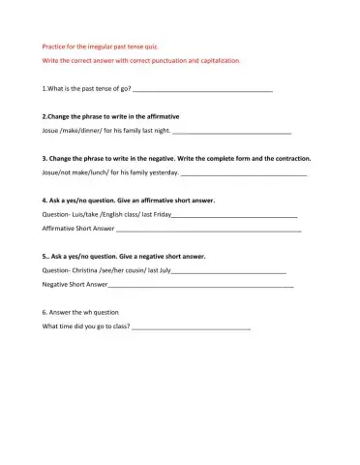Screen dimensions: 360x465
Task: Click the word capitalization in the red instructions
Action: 219,60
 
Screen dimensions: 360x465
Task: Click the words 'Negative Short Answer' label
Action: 75,286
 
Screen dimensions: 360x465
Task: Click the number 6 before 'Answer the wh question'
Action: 45,313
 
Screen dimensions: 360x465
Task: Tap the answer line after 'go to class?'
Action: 191,328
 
